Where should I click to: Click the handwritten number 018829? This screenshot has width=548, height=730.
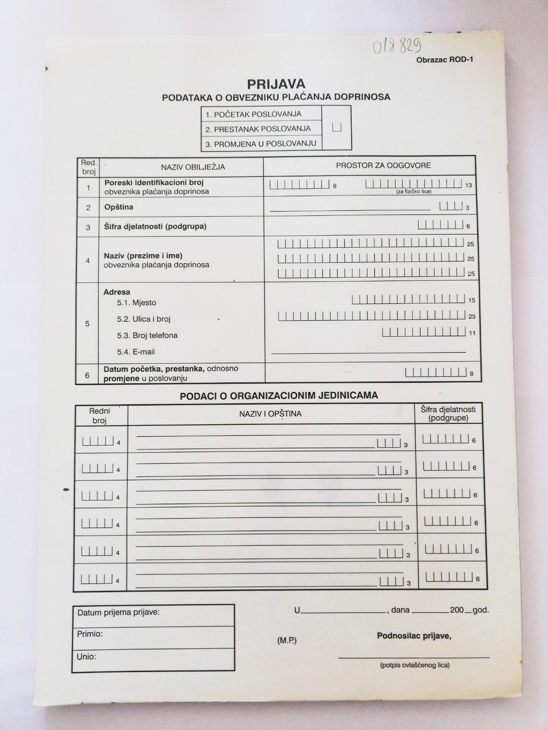pos(397,46)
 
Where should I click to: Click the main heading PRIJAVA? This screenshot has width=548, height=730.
pos(276,84)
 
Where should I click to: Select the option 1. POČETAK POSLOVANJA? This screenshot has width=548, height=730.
pos(253,114)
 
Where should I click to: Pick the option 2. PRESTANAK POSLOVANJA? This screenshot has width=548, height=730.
pos(258,129)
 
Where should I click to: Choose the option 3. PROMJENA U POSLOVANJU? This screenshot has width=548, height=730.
pos(260,143)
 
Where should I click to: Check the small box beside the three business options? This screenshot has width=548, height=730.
pos(337,127)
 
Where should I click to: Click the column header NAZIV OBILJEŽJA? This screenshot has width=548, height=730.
pos(193,167)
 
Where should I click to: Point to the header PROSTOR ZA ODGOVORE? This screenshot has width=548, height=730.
pos(383,165)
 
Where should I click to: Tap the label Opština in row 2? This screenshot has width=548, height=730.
pos(119,207)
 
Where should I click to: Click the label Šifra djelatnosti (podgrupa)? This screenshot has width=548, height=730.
pos(155,226)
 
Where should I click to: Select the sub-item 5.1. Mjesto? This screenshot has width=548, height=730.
pos(137,302)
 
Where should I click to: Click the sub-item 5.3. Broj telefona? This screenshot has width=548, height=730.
pos(147,335)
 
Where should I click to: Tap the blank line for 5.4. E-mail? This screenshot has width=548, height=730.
pos(369,351)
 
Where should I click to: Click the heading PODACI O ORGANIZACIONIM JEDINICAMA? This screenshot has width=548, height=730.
pos(279,396)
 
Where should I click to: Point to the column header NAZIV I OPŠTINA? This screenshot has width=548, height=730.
pos(270,414)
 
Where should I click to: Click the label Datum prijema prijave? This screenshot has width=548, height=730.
pos(119,612)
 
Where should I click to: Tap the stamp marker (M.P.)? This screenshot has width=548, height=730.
pos(287,641)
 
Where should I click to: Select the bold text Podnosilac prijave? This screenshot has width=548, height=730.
pos(414,636)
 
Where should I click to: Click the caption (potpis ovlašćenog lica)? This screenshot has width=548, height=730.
pos(415,665)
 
